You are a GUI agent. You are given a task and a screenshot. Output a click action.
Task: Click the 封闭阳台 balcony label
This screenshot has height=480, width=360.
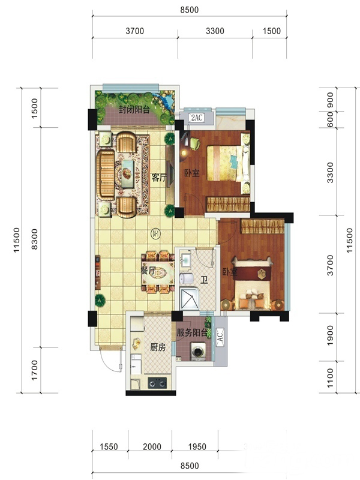(134, 110)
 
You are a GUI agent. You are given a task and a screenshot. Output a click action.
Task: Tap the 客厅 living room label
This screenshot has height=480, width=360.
(159, 178)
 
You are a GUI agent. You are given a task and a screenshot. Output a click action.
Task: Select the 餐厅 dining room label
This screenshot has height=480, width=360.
(148, 271)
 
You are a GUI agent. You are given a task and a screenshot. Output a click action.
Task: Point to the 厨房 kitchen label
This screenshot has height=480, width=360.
(158, 347)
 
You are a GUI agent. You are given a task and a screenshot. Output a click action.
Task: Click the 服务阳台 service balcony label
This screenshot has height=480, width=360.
(192, 333)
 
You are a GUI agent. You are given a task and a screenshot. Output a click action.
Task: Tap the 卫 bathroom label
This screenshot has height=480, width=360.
(205, 280)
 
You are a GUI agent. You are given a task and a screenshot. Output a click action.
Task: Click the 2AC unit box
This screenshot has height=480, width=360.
(197, 118)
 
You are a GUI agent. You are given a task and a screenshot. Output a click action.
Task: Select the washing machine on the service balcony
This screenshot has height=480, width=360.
(198, 352)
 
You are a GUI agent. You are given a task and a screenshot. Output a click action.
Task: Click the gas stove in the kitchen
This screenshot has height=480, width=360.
(157, 383)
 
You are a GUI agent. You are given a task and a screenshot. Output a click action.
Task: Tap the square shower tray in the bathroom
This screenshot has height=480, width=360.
(190, 299)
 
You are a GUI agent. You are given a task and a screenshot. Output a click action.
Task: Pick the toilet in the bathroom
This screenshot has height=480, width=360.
(186, 278)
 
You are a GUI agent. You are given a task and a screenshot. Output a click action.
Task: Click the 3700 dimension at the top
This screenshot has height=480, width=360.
(134, 31)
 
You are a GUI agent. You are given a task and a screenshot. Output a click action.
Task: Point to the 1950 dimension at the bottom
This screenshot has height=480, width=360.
(197, 446)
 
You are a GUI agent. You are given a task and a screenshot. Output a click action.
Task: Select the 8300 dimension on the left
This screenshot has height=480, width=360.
(35, 239)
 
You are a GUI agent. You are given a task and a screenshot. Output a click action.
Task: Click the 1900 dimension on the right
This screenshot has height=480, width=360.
(329, 335)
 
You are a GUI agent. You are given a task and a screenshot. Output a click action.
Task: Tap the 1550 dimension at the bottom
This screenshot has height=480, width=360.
(109, 446)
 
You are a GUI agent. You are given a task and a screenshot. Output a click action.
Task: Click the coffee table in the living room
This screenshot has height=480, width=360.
(127, 173)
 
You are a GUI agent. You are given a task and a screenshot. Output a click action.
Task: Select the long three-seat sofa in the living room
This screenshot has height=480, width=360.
(106, 175)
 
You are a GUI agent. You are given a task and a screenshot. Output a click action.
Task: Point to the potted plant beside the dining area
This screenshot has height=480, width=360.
(100, 301)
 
